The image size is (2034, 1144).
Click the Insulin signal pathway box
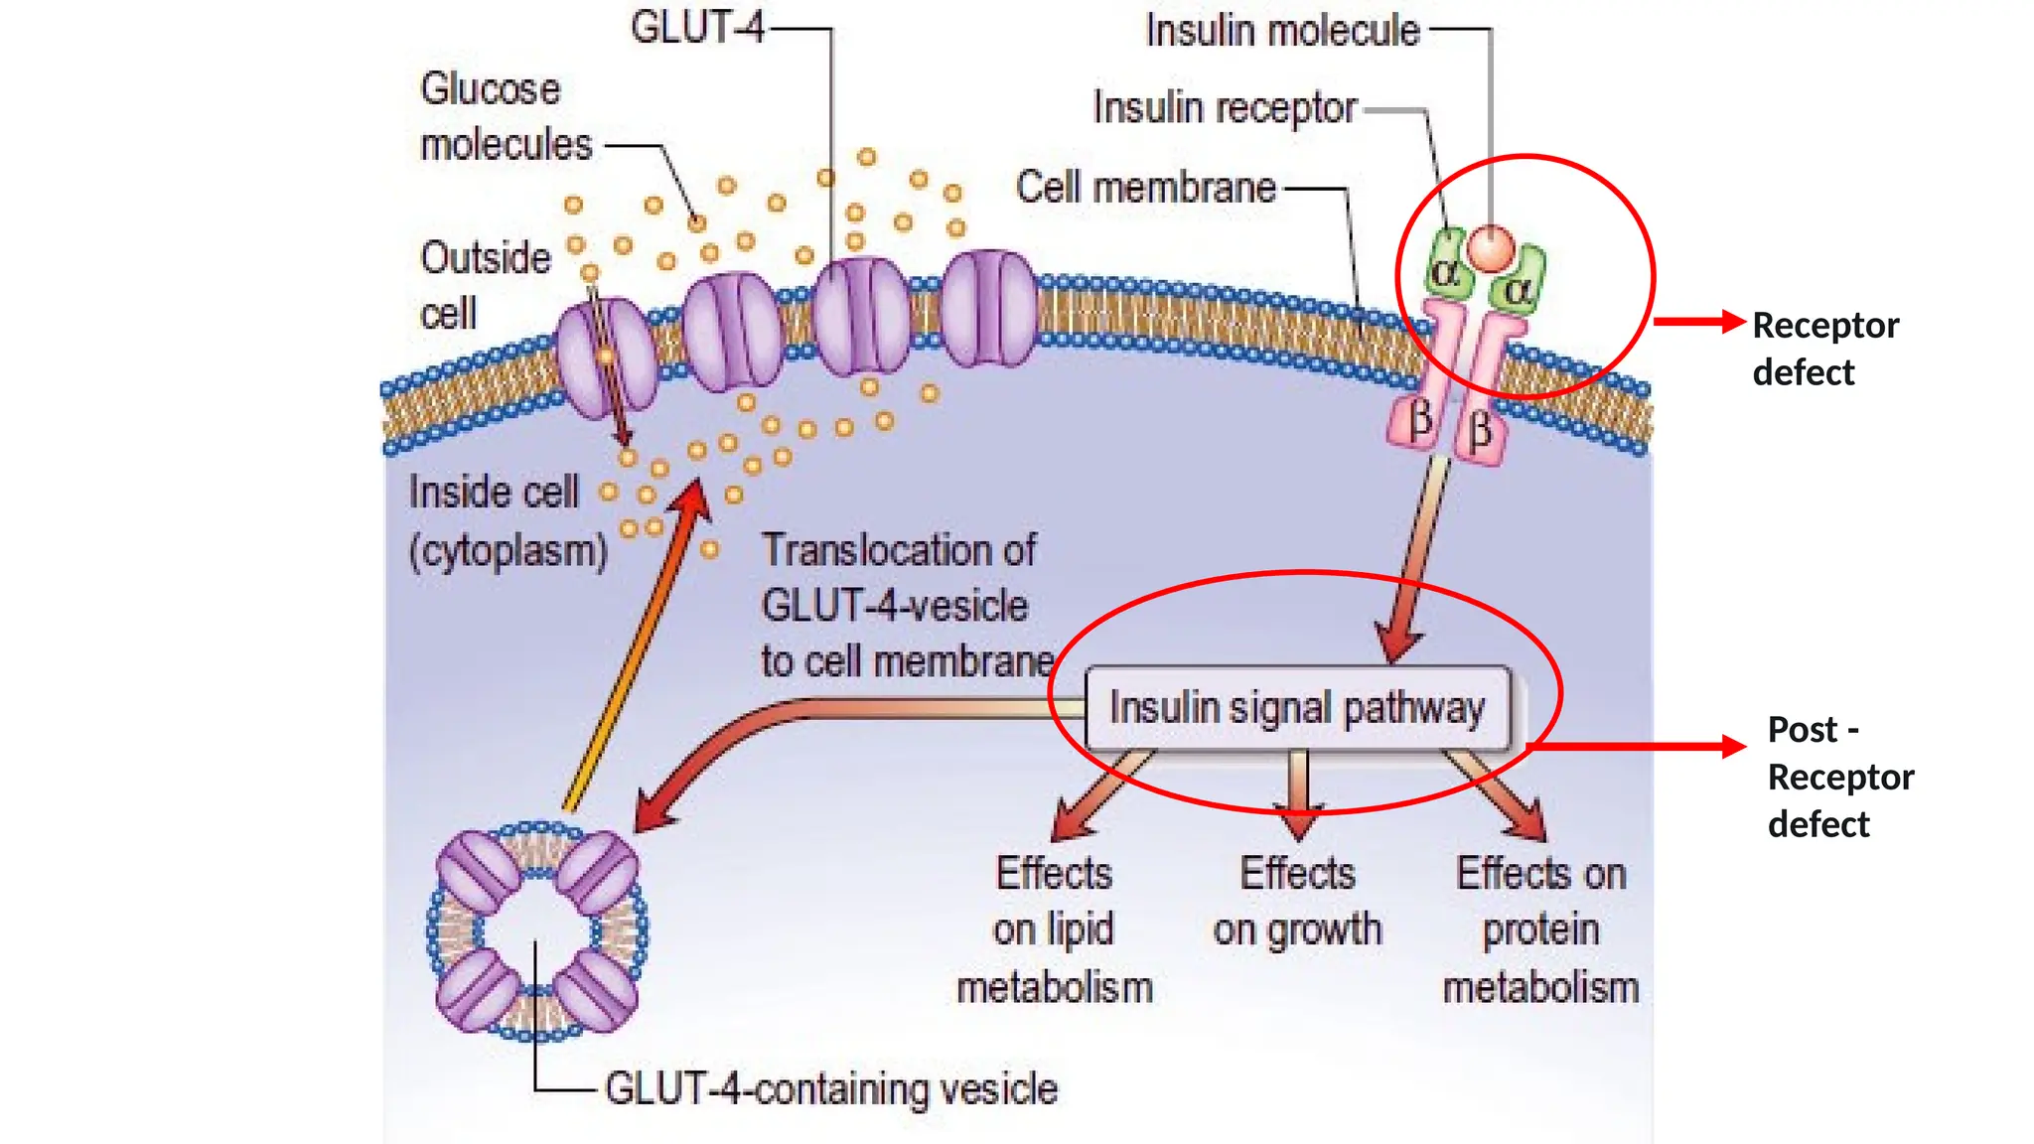[1297, 708]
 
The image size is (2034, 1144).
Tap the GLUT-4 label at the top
[697, 28]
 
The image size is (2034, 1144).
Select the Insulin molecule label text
[1282, 31]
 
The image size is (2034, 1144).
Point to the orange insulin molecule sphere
[1491, 248]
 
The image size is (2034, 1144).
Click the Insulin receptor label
[1225, 108]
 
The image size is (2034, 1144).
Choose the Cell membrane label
[1145, 188]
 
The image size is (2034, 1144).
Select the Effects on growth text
[1297, 902]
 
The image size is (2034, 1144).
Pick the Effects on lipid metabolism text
[1055, 929]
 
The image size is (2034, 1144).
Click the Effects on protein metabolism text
[1540, 929]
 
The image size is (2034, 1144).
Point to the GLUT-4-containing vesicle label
[831, 1089]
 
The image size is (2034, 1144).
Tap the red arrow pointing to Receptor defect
[1698, 322]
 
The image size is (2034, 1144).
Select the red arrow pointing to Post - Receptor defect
[1639, 747]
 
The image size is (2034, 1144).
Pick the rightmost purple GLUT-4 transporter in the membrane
[988, 308]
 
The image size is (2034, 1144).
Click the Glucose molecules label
[505, 117]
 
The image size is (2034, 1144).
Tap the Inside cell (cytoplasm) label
[507, 521]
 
